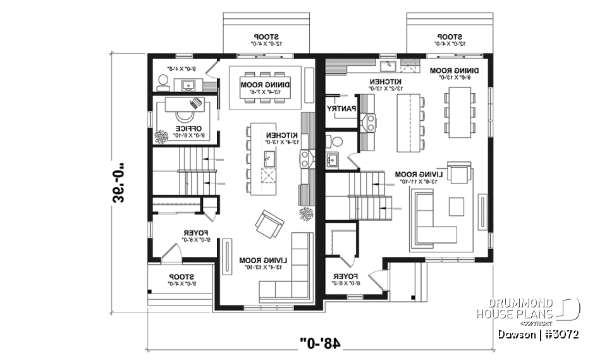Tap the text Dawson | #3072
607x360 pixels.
(537, 333)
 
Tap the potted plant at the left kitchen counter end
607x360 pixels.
(306, 213)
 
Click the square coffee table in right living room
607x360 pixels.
(455, 206)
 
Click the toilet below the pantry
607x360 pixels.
(335, 140)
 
